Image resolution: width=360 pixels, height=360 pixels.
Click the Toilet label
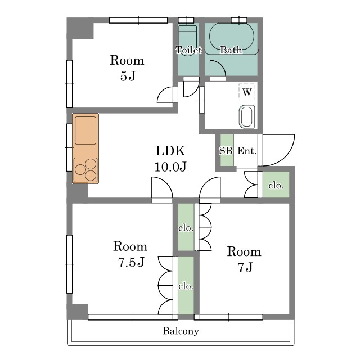189,50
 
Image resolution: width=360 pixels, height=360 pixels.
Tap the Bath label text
231,50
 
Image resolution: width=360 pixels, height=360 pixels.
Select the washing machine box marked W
247,92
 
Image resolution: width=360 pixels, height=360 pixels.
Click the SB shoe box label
226,151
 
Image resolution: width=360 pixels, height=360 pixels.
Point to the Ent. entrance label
247,151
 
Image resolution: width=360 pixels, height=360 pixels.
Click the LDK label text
170,151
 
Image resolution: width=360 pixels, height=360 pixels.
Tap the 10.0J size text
170,166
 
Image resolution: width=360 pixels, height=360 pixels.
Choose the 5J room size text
128,76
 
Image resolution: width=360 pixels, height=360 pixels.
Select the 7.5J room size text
131,262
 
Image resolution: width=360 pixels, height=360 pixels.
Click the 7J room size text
245,267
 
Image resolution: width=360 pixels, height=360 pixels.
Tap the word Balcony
181,331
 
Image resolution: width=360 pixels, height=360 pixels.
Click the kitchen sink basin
85,130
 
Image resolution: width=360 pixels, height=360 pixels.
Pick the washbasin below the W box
247,116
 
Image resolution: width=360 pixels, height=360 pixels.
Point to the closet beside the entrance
276,184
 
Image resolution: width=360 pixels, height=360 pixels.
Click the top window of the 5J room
138,20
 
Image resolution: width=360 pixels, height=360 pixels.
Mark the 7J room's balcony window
228,317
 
